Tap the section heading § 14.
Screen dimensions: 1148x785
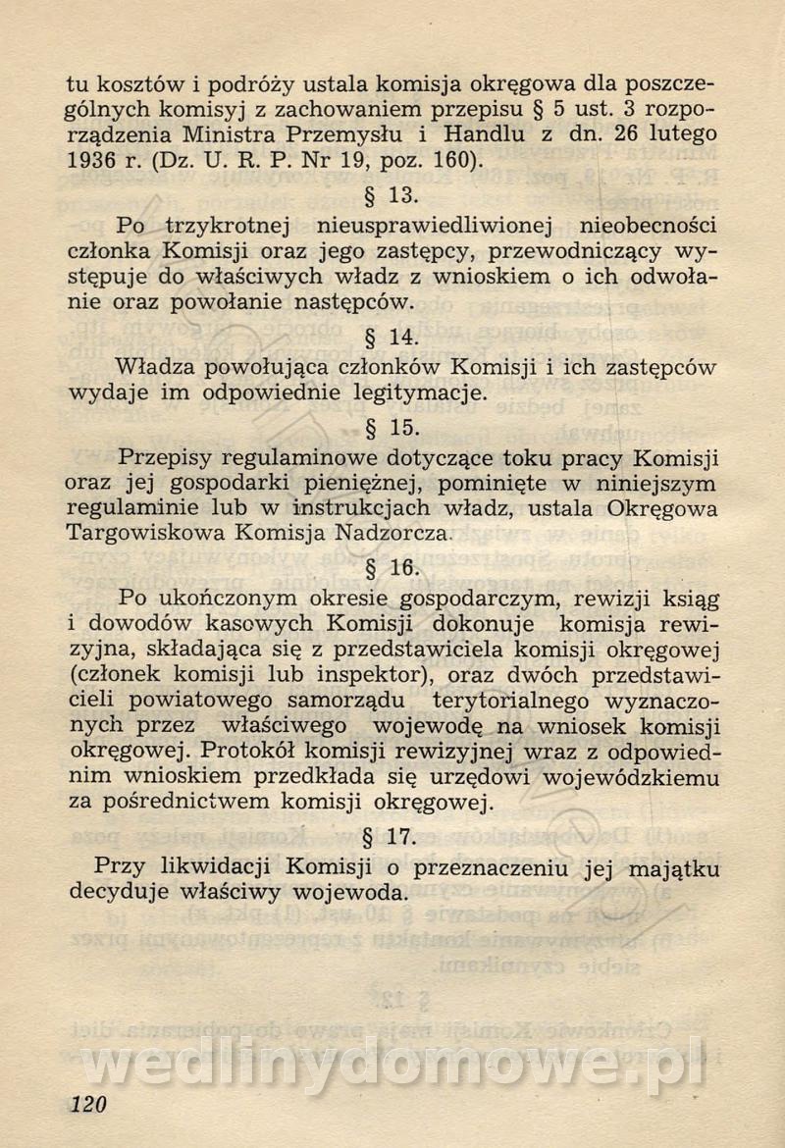coord(392,337)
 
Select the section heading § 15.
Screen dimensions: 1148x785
coord(392,427)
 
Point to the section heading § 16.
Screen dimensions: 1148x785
coord(392,567)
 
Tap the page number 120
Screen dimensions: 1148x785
coord(87,1104)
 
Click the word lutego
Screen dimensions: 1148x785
coord(681,131)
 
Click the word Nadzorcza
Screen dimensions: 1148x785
coord(392,535)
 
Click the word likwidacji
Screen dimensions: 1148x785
coord(213,867)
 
